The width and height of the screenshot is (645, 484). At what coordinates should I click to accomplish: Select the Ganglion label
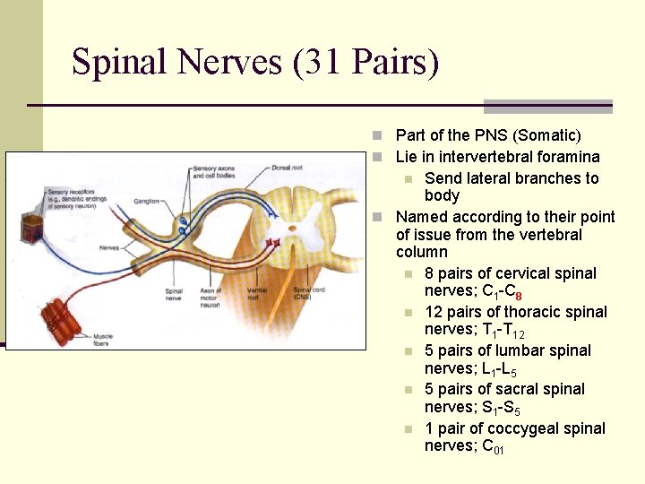click(147, 202)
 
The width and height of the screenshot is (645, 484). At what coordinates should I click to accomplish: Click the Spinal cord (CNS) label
click(309, 294)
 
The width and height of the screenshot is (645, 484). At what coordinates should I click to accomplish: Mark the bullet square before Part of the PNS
click(380, 135)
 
